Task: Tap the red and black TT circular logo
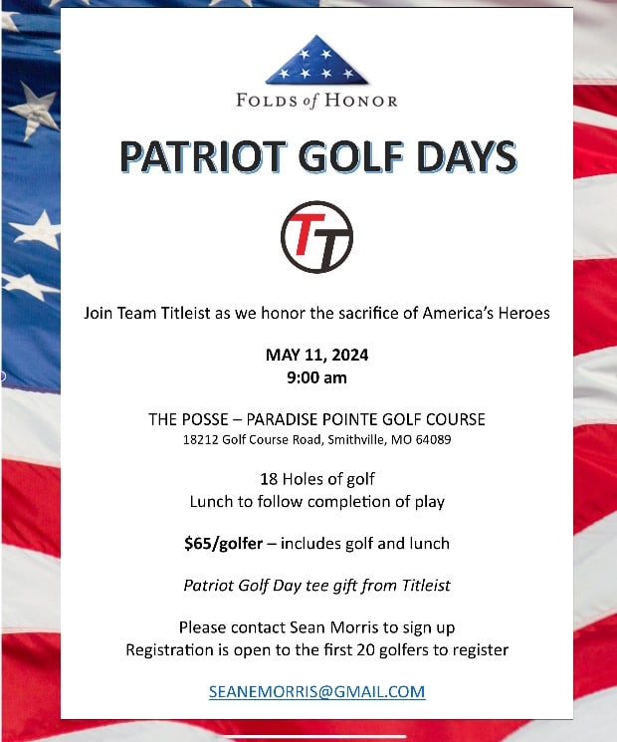[316, 237]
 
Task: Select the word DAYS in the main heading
[465, 157]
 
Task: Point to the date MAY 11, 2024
[316, 356]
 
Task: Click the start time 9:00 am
[316, 377]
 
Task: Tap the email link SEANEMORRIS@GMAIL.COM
[316, 691]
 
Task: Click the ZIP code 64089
[433, 439]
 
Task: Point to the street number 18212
[201, 439]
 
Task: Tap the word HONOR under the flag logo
[364, 101]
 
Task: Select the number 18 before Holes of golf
[268, 479]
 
